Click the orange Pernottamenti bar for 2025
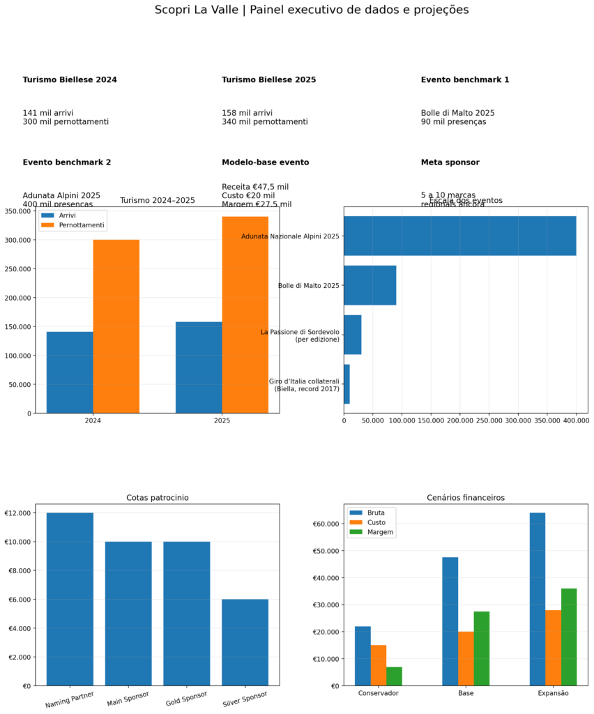[x=245, y=314]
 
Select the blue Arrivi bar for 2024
[x=70, y=372]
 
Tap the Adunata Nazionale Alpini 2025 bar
[x=459, y=236]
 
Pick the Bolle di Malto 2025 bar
[x=370, y=285]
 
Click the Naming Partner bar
[x=70, y=599]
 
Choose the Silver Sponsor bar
[x=245, y=642]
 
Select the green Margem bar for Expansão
[x=569, y=637]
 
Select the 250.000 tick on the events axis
[x=489, y=421]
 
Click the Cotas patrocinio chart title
[x=158, y=498]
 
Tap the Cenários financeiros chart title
[x=466, y=498]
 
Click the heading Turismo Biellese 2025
[x=269, y=80]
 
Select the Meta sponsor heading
[x=450, y=162]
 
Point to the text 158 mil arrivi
[x=247, y=113]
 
